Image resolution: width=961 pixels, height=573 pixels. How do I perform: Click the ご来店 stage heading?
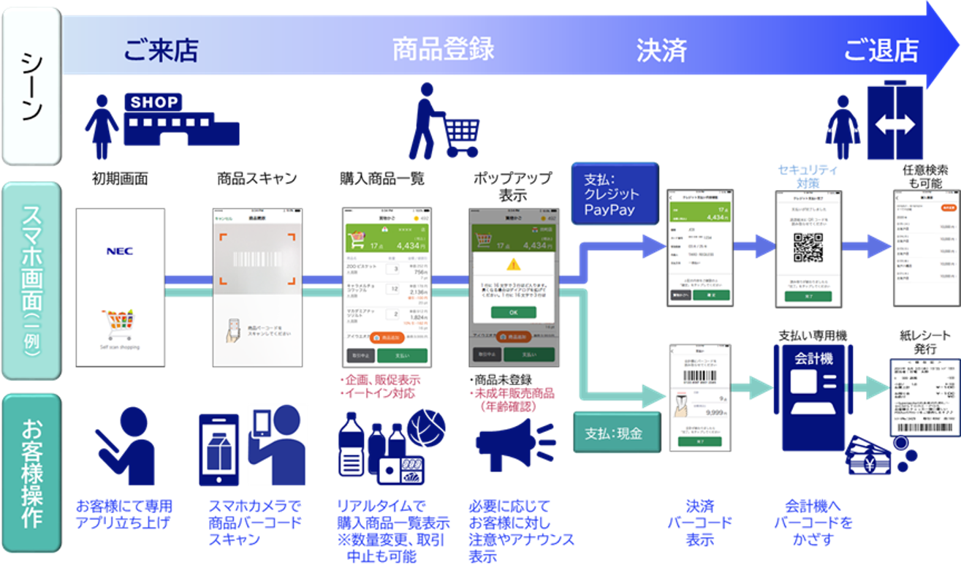[161, 50]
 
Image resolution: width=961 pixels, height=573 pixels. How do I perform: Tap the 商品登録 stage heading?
[444, 49]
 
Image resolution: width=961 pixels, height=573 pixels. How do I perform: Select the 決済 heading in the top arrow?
[661, 50]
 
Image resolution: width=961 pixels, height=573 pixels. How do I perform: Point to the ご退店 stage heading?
[881, 50]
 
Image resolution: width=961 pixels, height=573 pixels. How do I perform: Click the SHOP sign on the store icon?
[154, 102]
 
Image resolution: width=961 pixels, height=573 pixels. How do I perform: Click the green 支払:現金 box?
[612, 433]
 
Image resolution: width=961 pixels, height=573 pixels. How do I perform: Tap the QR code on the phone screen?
[807, 248]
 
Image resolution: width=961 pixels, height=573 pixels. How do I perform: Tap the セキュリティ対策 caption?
[808, 175]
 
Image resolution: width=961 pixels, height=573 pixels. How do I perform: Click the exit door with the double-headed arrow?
[894, 124]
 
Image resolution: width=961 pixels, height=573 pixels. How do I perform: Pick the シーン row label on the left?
[31, 85]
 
